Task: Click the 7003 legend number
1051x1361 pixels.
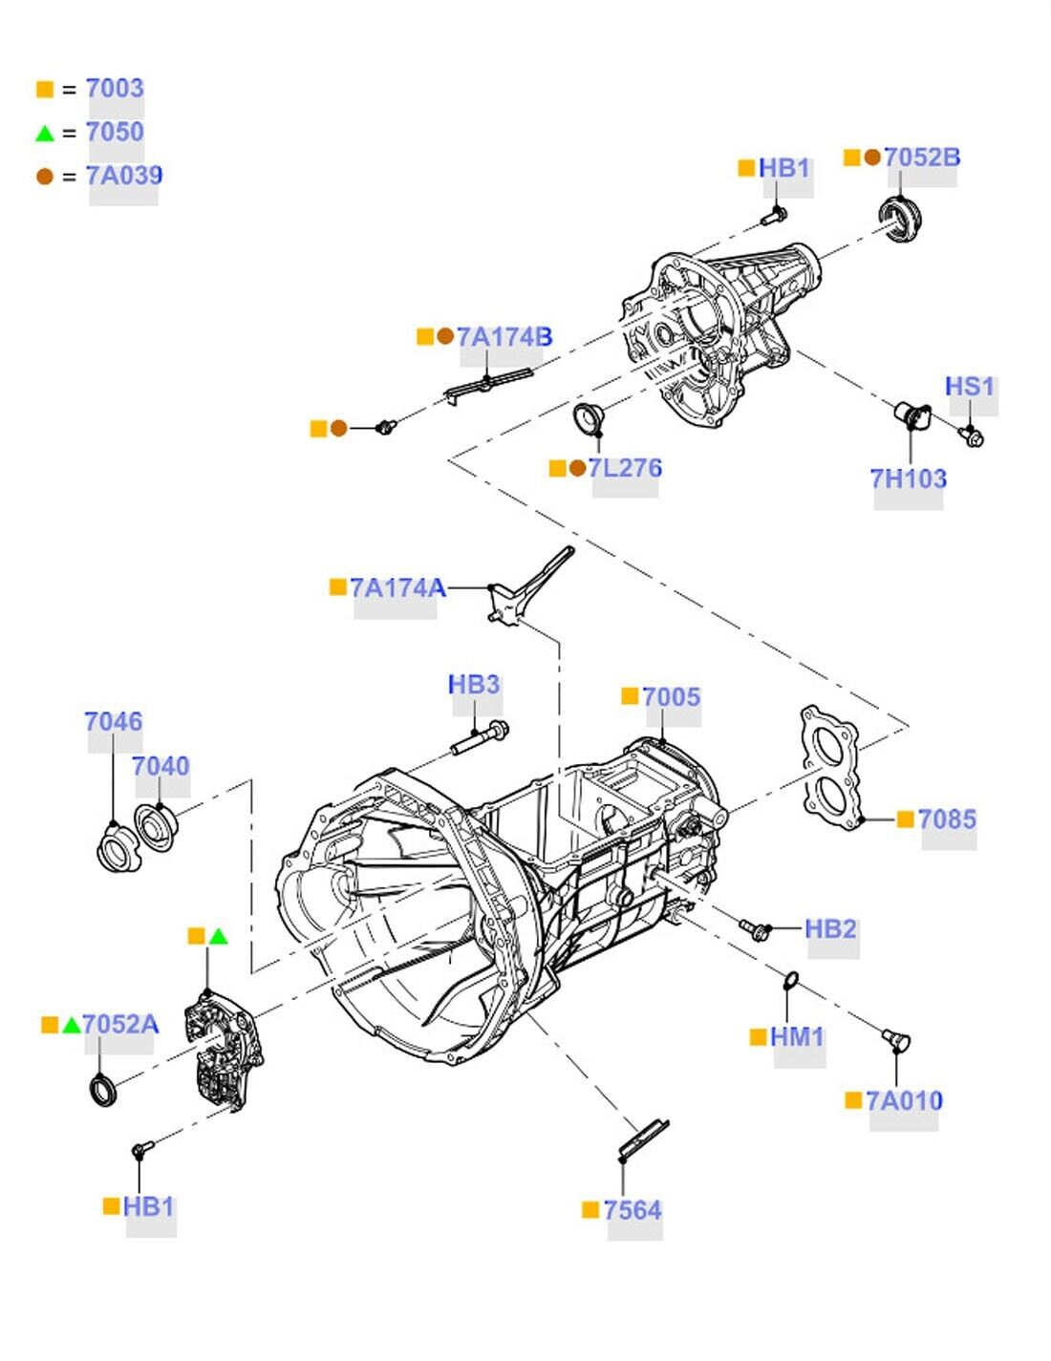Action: [115, 88]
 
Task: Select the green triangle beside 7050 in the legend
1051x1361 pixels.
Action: [45, 133]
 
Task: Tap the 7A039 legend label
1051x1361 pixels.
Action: [124, 176]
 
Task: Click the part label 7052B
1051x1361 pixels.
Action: [921, 158]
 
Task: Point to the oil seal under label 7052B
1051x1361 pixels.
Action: [899, 219]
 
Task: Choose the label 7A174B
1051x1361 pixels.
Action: [504, 337]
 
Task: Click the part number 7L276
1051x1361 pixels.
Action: [625, 468]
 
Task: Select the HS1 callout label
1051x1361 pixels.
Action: [970, 387]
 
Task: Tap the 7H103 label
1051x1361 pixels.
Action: [908, 478]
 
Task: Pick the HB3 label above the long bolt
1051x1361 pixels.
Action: [474, 685]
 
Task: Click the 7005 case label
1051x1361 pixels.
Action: [671, 697]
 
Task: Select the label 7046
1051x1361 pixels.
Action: [113, 722]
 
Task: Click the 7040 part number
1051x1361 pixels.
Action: [161, 766]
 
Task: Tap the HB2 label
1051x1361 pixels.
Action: [830, 928]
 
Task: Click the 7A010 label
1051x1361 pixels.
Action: [904, 1101]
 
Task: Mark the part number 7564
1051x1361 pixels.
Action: [633, 1210]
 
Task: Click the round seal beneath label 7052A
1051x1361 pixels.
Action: [103, 1090]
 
